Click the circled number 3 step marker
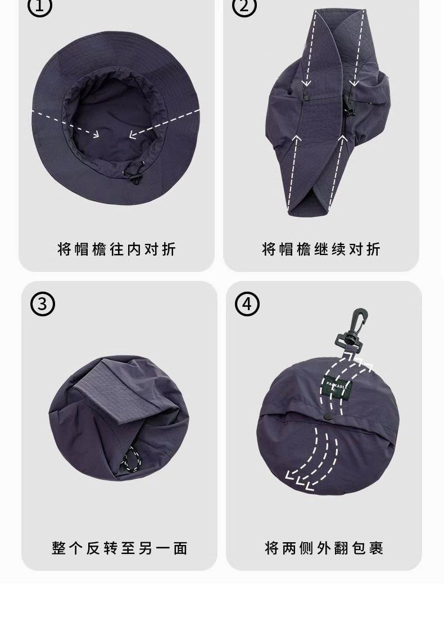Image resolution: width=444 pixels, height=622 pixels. coord(42,304)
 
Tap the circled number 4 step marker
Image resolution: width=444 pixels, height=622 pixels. coord(247,304)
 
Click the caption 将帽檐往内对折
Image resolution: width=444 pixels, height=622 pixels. coord(117,249)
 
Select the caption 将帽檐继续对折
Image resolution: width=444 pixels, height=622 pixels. coord(321,249)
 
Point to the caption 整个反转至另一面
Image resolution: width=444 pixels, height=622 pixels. coord(120,548)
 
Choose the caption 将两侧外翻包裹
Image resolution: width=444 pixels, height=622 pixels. coord(324,548)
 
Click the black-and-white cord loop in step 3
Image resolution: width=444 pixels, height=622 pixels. coord(132,460)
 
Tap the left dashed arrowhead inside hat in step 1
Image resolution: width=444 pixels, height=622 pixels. coord(95,134)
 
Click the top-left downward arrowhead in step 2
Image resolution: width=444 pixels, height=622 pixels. coord(306,83)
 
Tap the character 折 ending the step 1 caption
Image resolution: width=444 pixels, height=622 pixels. coord(169,249)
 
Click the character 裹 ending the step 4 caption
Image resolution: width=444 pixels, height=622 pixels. coord(376,548)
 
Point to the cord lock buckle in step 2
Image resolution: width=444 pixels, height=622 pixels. coord(349,108)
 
